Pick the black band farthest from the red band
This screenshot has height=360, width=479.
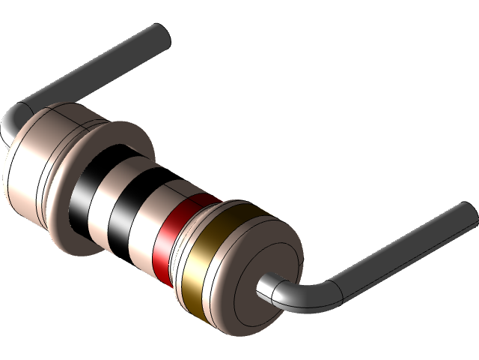pyautogui.click(x=84, y=191)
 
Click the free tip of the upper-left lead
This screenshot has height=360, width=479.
pyautogui.click(x=159, y=34)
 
